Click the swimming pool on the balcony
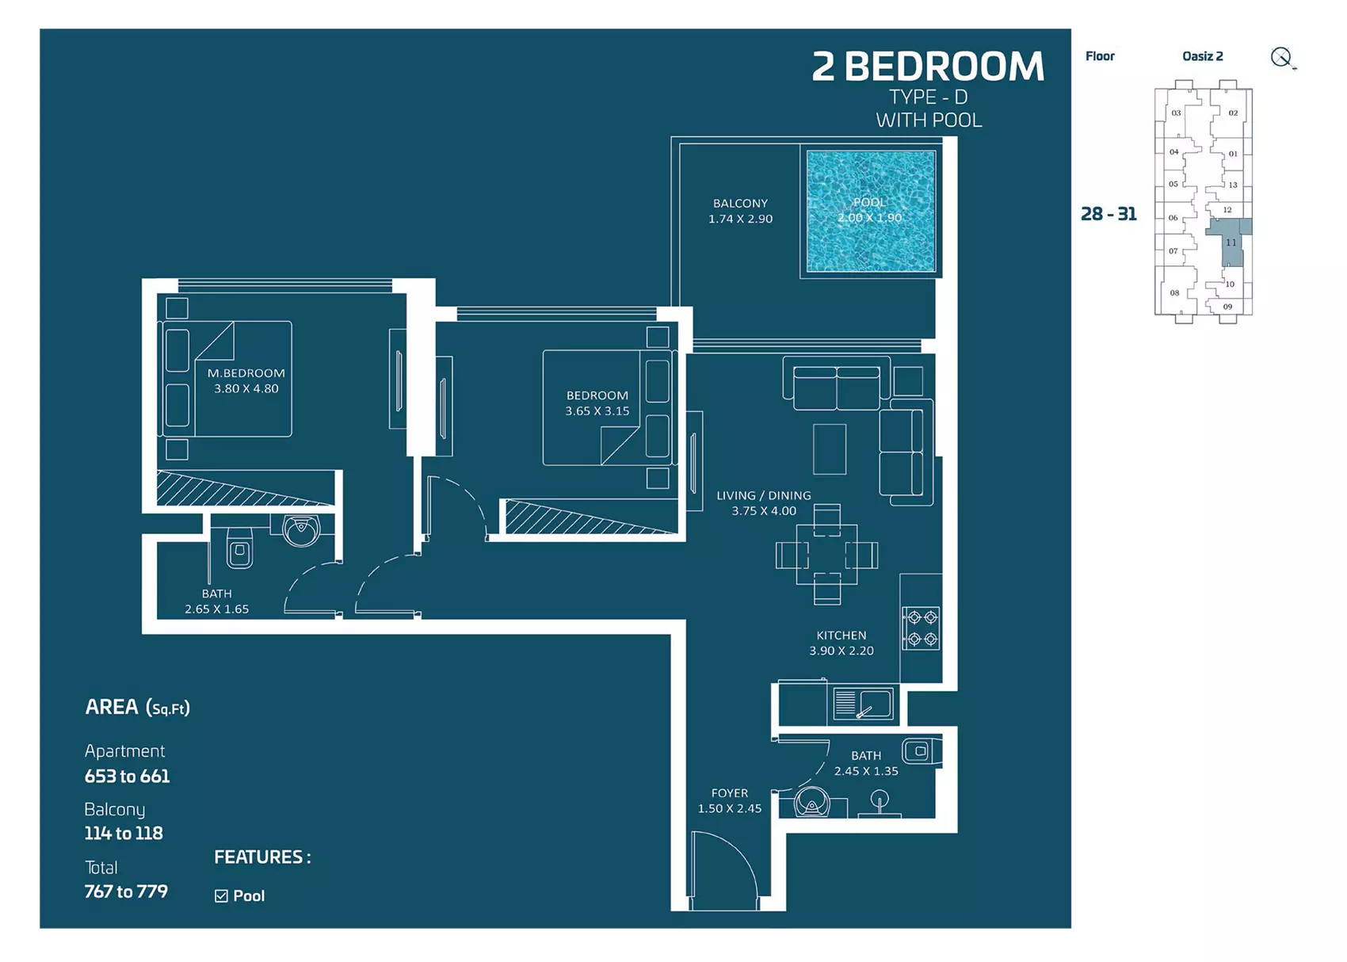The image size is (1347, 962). point(870,211)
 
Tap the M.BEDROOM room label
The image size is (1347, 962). point(246,372)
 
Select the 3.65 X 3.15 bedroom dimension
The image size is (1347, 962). point(597,411)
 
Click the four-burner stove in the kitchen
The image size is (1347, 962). point(922,628)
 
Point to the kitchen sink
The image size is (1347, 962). point(864,704)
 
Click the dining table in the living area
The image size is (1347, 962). point(827,555)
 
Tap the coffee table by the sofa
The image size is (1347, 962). point(830,449)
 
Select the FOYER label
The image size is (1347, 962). point(730,793)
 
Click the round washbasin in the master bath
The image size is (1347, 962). point(301,530)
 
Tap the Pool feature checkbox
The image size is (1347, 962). point(221,896)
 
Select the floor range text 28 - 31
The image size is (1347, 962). point(1109,214)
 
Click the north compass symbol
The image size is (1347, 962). point(1283,59)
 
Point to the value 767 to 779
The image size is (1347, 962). point(126,891)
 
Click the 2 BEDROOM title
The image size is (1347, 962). point(928,66)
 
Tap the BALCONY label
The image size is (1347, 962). point(740,203)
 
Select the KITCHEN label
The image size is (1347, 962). point(841,635)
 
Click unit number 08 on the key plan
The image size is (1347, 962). point(1174,293)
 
